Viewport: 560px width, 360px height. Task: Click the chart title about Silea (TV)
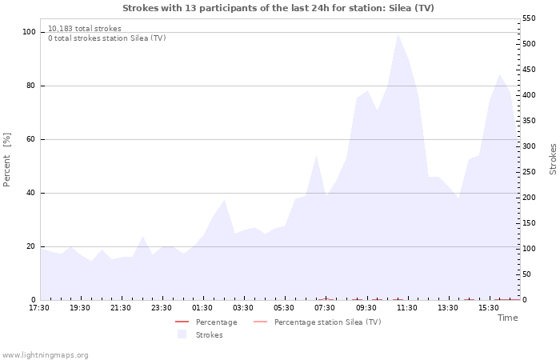pos(278,8)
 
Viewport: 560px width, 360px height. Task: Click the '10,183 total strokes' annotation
pos(85,29)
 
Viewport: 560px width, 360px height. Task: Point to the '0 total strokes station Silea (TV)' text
pos(106,38)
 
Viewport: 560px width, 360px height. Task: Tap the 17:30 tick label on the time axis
pos(39,308)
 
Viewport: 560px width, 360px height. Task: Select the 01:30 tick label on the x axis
pos(202,308)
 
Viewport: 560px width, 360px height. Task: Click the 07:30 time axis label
pos(325,308)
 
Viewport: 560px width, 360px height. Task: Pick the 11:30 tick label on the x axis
pos(406,308)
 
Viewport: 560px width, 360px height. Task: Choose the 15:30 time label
pos(488,308)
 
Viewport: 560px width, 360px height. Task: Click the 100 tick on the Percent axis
pos(29,32)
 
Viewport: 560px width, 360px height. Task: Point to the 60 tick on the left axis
pos(31,139)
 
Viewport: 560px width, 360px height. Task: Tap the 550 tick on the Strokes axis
pos(530,18)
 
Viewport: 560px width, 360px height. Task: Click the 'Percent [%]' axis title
pos(7,159)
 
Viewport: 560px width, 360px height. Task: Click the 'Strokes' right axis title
pos(553,159)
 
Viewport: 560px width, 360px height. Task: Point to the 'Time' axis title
pos(507,318)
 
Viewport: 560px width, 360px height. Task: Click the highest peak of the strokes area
pos(398,34)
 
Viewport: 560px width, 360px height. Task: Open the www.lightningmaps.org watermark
pos(46,355)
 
